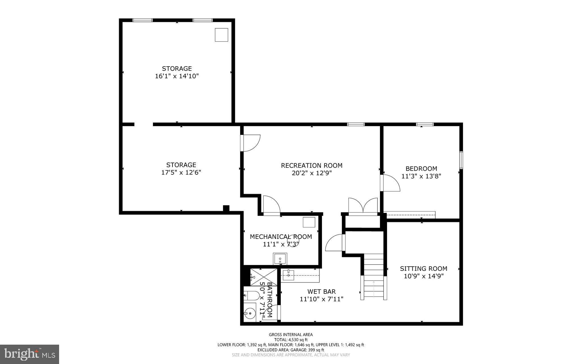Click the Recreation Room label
click(311, 165)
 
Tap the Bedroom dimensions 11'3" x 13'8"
click(421, 176)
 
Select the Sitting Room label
click(423, 268)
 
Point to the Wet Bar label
click(321, 291)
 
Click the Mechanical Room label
click(281, 237)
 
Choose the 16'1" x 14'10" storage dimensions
click(177, 76)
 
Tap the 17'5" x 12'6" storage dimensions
click(181, 172)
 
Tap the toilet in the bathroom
click(250, 295)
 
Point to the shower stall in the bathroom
click(263, 276)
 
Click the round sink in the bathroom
click(250, 313)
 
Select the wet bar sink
click(288, 275)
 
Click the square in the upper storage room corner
click(221, 35)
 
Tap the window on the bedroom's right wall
click(461, 160)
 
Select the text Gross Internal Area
click(291, 335)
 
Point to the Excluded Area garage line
click(291, 350)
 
